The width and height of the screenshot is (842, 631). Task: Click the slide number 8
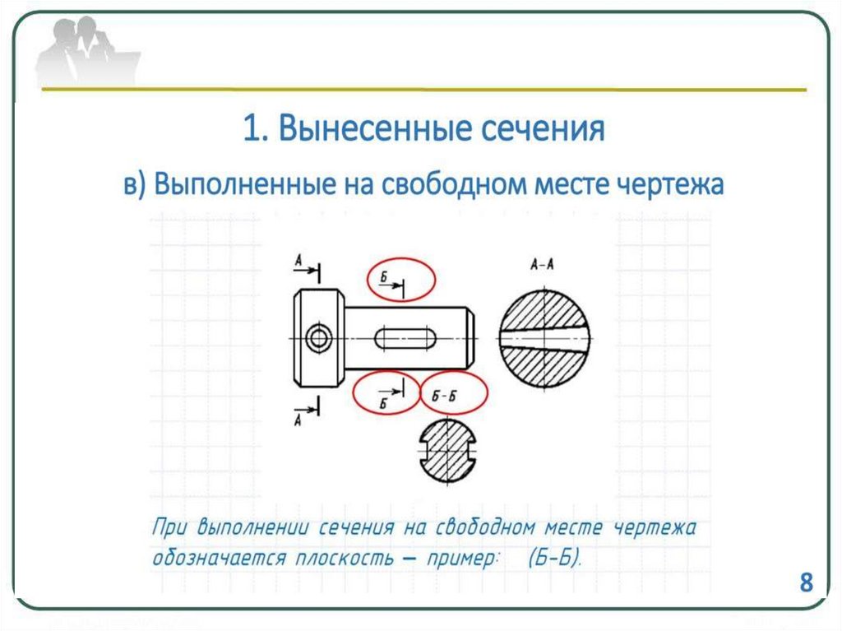[806, 583]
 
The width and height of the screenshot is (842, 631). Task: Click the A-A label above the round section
[542, 265]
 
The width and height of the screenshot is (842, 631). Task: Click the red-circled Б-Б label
[454, 396]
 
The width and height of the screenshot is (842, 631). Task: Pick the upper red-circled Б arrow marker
[400, 279]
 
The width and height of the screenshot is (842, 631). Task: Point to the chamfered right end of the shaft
[470, 337]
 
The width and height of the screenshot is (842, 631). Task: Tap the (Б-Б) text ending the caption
[554, 559]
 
